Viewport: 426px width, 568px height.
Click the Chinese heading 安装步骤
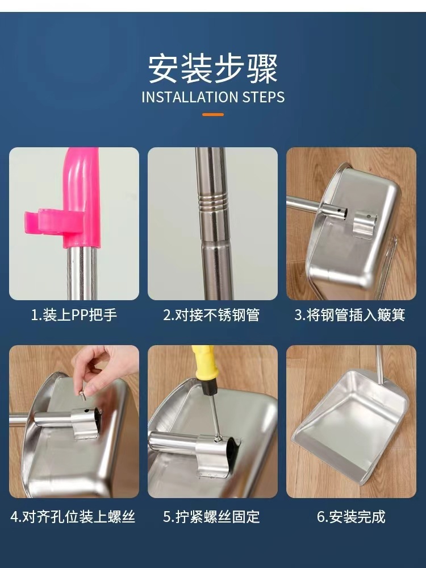click(x=213, y=69)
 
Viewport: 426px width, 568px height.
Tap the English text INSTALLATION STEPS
click(x=213, y=97)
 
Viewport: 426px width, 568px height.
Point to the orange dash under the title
click(x=213, y=114)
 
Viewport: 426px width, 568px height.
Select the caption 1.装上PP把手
click(x=74, y=314)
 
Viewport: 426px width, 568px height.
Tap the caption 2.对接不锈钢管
click(x=211, y=314)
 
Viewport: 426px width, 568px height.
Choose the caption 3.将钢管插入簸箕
click(x=350, y=314)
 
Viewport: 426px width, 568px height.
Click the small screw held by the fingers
click(x=83, y=395)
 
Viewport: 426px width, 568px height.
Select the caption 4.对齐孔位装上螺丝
click(x=73, y=516)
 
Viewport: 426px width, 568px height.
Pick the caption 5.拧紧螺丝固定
click(x=211, y=516)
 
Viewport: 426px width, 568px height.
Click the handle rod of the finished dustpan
click(x=379, y=364)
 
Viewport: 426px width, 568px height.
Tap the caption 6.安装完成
click(x=351, y=516)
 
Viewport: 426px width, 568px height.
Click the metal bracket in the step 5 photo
click(x=214, y=455)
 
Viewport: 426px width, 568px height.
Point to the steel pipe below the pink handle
click(x=82, y=272)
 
